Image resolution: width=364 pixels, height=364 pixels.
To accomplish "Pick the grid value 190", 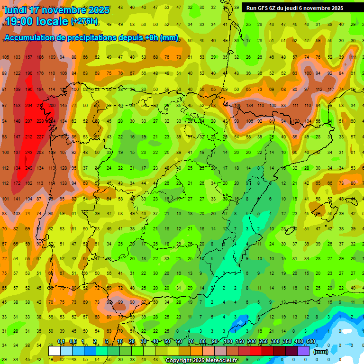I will click(29, 73).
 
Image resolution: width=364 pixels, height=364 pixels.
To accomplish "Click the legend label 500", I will click(310, 342).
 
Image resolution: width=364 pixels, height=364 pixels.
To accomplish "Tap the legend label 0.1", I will click(61, 342).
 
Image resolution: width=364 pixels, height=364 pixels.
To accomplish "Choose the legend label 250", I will click(263, 342).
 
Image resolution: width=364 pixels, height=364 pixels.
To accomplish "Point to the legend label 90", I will click(215, 342).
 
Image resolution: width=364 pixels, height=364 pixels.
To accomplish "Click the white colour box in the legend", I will click(55, 351).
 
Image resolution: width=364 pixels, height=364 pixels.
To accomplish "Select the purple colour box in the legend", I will click(303, 351).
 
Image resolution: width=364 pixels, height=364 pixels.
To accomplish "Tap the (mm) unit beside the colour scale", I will click(321, 352).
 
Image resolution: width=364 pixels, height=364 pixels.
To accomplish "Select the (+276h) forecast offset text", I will click(84, 21).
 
